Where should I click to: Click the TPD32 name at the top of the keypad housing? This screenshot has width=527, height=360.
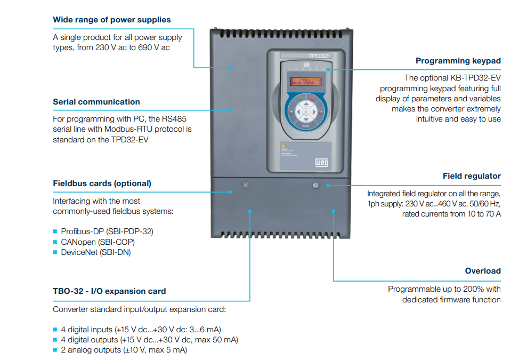click(x=317, y=55)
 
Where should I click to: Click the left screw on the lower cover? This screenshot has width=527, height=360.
click(x=245, y=185)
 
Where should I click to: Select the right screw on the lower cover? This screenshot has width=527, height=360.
click(x=315, y=185)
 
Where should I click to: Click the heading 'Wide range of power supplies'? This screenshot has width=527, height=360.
click(x=112, y=20)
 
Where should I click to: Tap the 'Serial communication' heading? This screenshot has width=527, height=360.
click(x=96, y=102)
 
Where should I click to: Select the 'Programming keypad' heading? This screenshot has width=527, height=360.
click(x=458, y=61)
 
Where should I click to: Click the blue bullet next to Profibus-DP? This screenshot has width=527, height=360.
click(x=55, y=231)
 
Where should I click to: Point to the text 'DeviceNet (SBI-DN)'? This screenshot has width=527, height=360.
click(x=95, y=252)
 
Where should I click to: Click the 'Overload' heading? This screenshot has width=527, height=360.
click(x=483, y=271)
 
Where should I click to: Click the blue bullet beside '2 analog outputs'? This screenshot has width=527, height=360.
click(x=55, y=350)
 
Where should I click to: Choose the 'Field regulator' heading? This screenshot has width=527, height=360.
click(x=472, y=176)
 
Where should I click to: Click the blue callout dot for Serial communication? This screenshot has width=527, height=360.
click(x=231, y=110)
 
